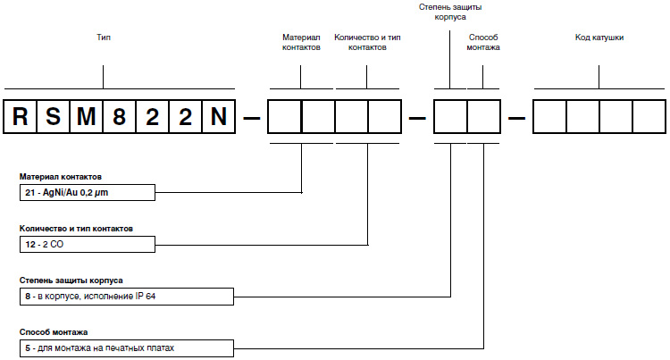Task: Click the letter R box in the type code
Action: pyautogui.click(x=21, y=117)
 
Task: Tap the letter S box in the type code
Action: pyautogui.click(x=53, y=117)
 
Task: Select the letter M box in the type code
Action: pyautogui.click(x=86, y=117)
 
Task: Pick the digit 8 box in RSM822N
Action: pyautogui.click(x=119, y=117)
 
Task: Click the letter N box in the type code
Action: pyautogui.click(x=219, y=117)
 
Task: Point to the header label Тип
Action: pyautogui.click(x=104, y=38)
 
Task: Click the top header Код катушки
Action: pyautogui.click(x=599, y=38)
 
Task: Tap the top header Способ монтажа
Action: pyautogui.click(x=483, y=43)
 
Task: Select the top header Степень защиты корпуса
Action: pyautogui.click(x=450, y=12)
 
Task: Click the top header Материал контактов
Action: pyautogui.click(x=301, y=43)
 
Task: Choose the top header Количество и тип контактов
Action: pyautogui.click(x=367, y=43)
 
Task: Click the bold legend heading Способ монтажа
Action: pyautogui.click(x=54, y=331)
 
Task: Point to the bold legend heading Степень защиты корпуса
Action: pyautogui.click(x=71, y=280)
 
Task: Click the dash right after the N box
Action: pyautogui.click(x=252, y=117)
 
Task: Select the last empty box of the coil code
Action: pyautogui.click(x=649, y=117)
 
